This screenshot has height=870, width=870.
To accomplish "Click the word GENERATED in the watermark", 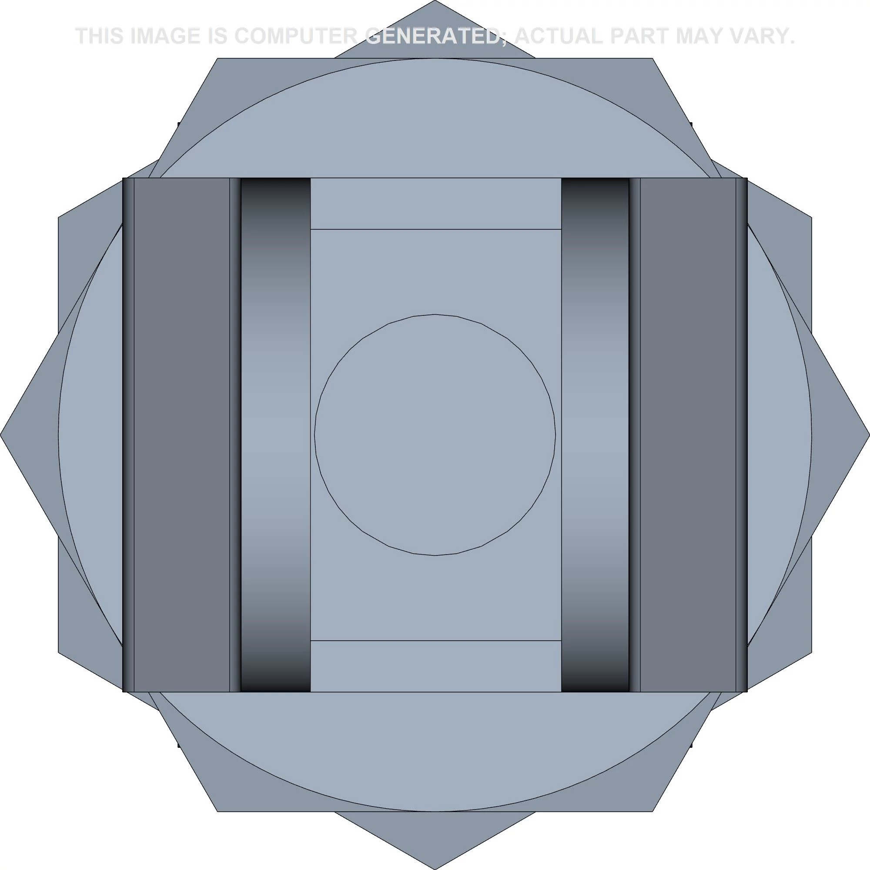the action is (432, 36).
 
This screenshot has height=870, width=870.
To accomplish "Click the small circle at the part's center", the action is (435, 435).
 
